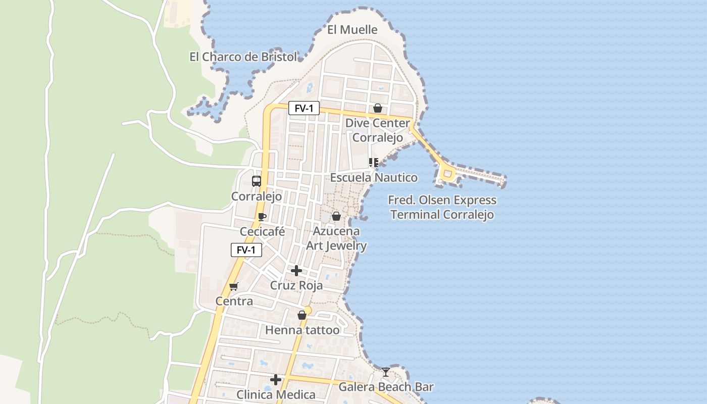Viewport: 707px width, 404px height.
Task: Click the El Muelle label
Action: pos(352,30)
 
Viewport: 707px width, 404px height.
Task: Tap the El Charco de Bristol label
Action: pos(243,57)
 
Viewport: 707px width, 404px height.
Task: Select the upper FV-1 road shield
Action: pos(304,108)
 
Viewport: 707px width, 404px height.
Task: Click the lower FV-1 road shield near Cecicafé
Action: pos(246,250)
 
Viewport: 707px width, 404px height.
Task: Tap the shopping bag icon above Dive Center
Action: pos(377,108)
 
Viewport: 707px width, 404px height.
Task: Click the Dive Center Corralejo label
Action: pos(378,130)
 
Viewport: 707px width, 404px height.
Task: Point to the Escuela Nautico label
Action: pos(374,178)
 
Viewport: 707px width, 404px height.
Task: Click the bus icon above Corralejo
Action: pos(257,181)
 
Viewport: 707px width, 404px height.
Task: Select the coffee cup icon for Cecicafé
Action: pos(262,217)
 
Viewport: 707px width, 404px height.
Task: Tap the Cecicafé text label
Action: pos(262,232)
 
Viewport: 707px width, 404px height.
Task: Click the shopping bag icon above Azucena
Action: pos(336,216)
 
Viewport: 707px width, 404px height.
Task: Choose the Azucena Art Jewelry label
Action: pos(336,238)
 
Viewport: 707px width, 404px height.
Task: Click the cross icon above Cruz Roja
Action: pos(296,271)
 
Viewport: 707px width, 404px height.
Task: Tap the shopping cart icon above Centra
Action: pos(233,287)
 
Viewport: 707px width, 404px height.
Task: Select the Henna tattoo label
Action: pos(302,330)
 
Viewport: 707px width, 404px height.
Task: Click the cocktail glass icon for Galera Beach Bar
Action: pos(386,372)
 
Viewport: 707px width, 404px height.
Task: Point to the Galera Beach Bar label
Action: pos(386,387)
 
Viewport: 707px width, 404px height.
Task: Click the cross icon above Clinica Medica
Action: pos(276,379)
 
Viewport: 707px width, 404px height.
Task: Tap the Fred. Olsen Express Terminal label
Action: pos(442,207)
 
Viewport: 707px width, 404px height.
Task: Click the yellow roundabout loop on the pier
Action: pos(446,174)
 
